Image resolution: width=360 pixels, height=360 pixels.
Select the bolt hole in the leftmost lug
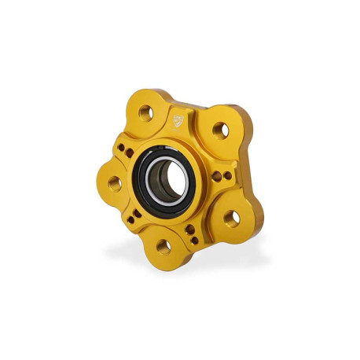click(115, 183)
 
